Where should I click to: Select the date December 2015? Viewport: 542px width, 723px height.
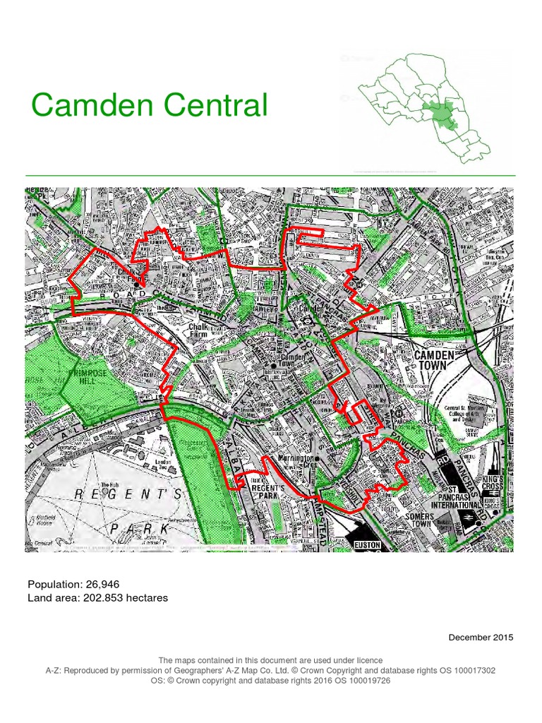[x=481, y=638]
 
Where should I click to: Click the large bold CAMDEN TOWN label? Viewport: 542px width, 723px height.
[x=440, y=360]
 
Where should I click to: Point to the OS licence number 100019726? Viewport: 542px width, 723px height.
[x=366, y=681]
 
